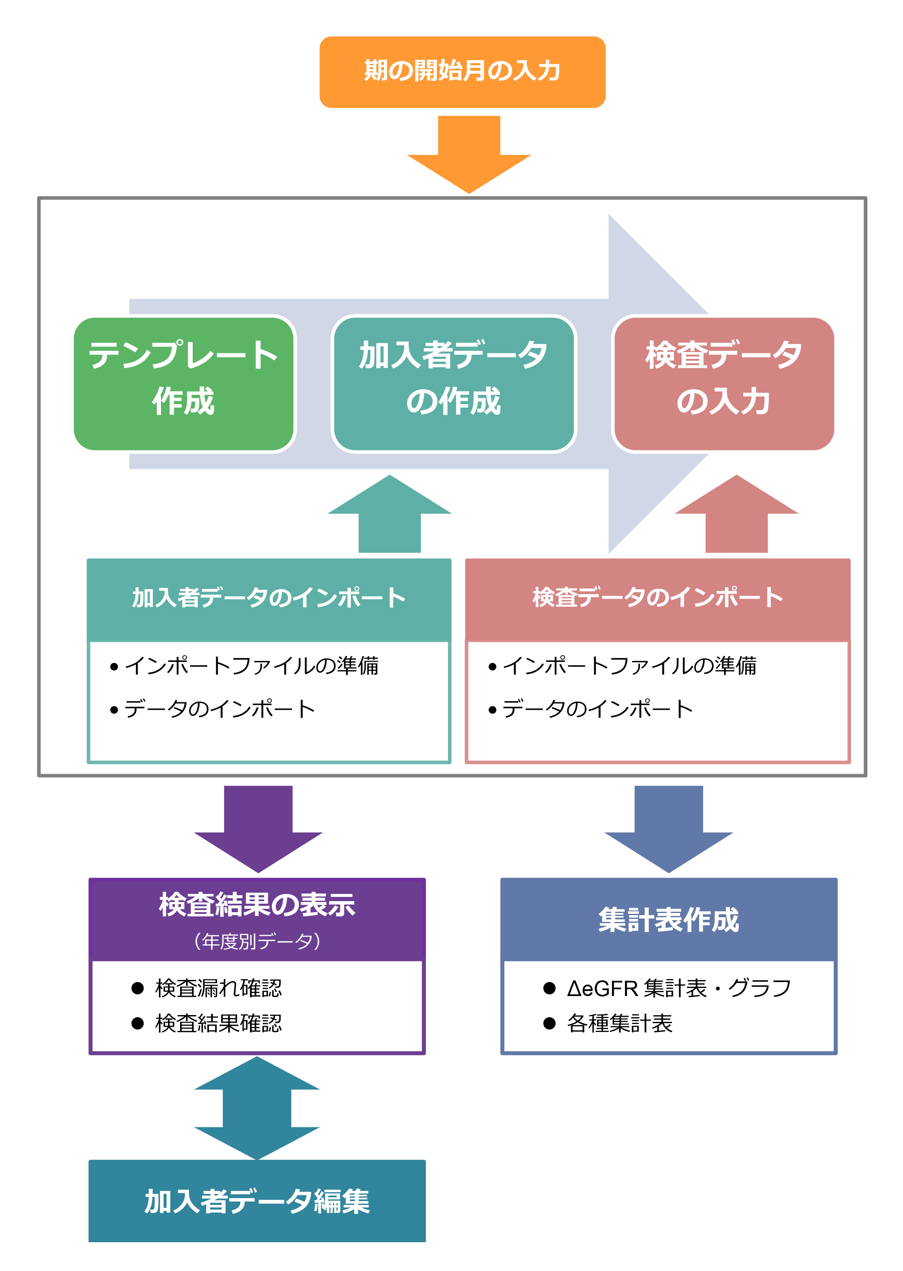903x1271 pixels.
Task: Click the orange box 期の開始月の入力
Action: (x=462, y=72)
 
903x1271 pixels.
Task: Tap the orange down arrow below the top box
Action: (x=469, y=158)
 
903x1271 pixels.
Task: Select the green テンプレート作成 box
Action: (x=183, y=384)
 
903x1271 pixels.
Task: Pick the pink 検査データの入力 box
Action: (x=724, y=384)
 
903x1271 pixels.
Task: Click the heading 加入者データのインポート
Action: (x=269, y=598)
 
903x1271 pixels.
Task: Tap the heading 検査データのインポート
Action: (x=657, y=598)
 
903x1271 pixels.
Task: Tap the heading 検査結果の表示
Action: (x=257, y=905)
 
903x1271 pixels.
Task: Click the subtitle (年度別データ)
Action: (x=257, y=941)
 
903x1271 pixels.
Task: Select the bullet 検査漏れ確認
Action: (x=218, y=988)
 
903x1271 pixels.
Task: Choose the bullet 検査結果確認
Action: (x=218, y=1023)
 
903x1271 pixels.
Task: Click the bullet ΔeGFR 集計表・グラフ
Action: (x=678, y=988)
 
